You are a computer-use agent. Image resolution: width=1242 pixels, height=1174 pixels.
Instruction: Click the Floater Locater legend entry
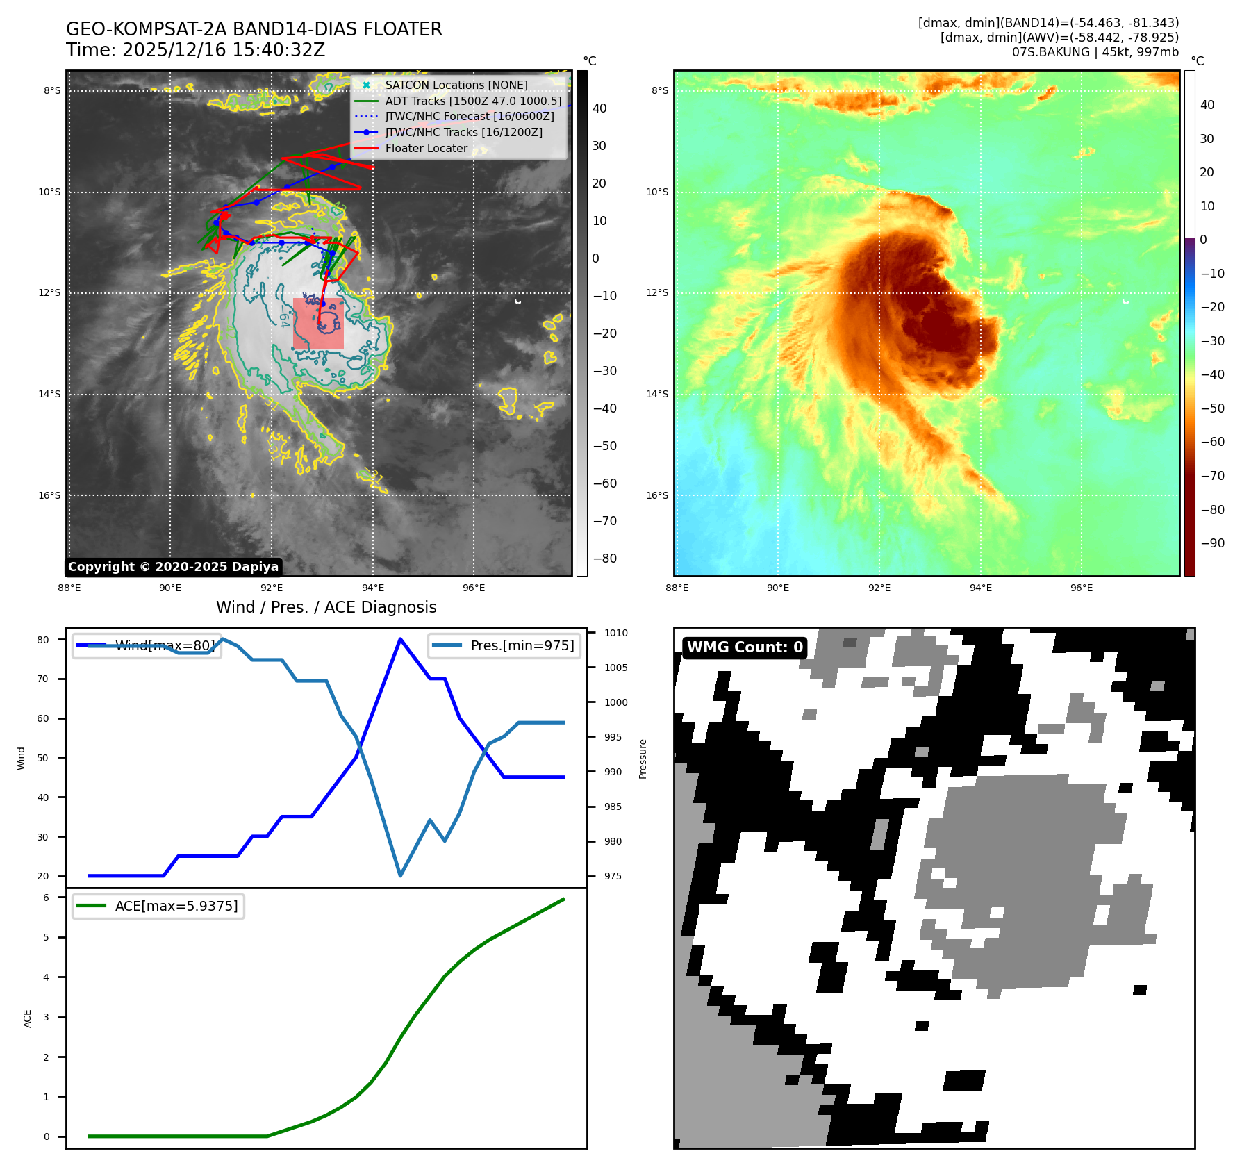426,148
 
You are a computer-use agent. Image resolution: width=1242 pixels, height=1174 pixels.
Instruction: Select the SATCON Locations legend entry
456,85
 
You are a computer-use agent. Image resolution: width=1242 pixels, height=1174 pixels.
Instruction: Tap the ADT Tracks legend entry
473,101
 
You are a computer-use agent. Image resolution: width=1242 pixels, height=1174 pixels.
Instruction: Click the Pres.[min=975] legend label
522,645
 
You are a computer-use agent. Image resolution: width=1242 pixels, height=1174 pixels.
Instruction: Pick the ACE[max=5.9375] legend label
176,906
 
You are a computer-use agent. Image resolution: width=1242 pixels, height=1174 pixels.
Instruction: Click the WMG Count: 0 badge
745,647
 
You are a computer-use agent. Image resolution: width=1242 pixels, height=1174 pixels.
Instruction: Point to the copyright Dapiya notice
173,567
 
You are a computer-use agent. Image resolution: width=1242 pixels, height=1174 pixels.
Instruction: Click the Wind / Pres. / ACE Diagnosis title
326,607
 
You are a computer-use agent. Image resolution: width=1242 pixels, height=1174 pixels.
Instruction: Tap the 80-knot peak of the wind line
400,639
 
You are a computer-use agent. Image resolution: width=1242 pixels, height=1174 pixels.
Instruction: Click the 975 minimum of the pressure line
400,875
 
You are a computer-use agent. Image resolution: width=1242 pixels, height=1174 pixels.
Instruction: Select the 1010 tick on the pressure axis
615,633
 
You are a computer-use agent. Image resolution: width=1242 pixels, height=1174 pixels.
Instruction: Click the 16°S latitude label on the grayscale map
50,495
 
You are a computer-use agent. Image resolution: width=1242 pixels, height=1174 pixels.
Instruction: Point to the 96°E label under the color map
1082,588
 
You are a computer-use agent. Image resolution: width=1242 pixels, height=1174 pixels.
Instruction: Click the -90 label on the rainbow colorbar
1212,543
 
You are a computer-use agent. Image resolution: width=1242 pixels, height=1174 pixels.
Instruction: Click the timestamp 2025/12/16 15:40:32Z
223,50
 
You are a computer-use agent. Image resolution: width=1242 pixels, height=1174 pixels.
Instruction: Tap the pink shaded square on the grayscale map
318,323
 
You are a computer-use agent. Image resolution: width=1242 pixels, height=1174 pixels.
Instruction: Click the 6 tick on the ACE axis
47,898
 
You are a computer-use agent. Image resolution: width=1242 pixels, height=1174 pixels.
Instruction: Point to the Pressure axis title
643,759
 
